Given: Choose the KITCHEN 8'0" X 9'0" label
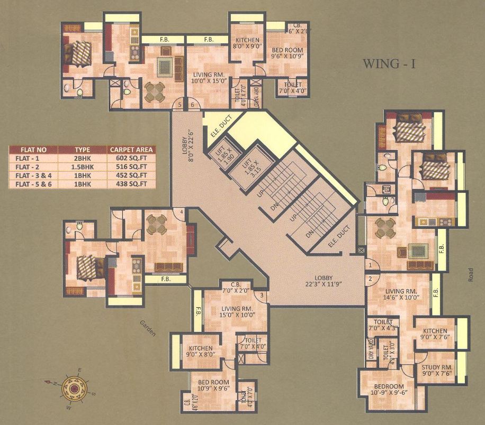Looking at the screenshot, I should (x=247, y=44).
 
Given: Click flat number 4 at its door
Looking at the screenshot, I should (x=182, y=212).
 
